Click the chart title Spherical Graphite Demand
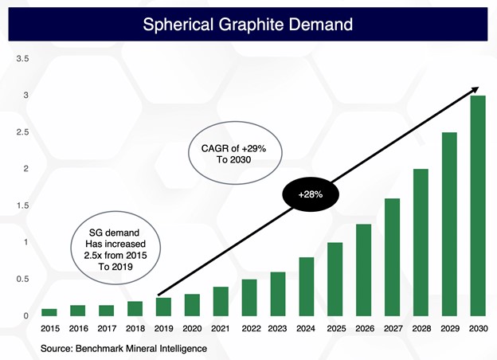(247, 24)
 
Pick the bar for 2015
(49, 312)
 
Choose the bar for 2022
(249, 297)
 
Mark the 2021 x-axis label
(221, 329)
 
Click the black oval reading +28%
(311, 194)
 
